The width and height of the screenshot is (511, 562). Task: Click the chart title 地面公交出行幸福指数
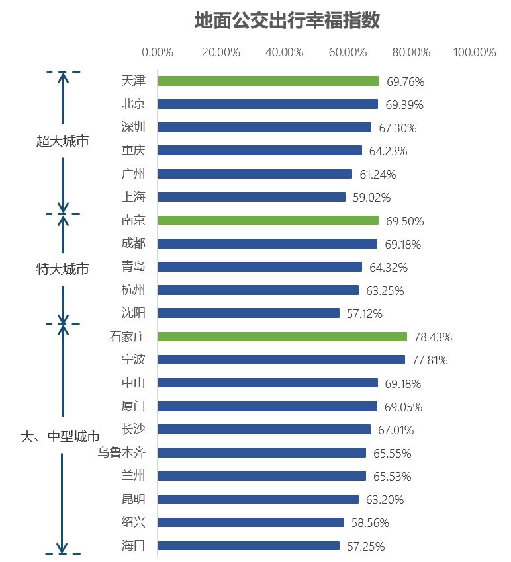(x=287, y=20)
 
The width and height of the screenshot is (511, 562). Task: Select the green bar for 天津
(x=268, y=81)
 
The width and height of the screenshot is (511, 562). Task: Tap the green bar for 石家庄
(x=282, y=337)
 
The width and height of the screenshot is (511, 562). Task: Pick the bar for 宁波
(x=281, y=360)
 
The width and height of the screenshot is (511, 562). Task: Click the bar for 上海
(x=252, y=197)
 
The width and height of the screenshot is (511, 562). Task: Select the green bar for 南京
(x=268, y=220)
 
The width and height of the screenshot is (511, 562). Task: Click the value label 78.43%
(x=433, y=337)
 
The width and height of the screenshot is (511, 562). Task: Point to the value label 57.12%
(x=365, y=314)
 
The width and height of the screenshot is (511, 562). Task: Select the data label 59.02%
(x=371, y=198)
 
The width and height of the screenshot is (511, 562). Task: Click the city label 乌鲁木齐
(x=121, y=452)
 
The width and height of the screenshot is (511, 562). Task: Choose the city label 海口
(x=133, y=545)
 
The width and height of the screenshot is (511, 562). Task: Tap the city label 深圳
(x=133, y=127)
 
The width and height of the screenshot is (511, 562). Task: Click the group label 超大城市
(x=63, y=141)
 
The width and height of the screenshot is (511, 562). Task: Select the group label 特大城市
(x=63, y=269)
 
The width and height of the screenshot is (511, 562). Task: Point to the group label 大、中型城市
(x=60, y=436)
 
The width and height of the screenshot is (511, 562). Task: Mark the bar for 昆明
(x=258, y=499)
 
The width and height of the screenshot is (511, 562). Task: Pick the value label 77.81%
(x=430, y=360)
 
